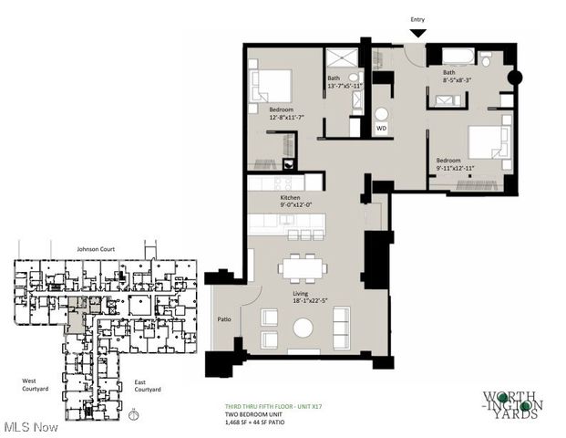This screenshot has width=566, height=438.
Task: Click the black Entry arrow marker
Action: (417, 34)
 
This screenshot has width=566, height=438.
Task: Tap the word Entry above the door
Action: (417, 19)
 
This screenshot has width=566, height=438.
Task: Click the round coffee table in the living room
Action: (303, 328)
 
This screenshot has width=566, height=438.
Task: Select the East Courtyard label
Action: (147, 386)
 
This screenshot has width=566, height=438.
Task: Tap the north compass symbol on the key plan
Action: (134, 415)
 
